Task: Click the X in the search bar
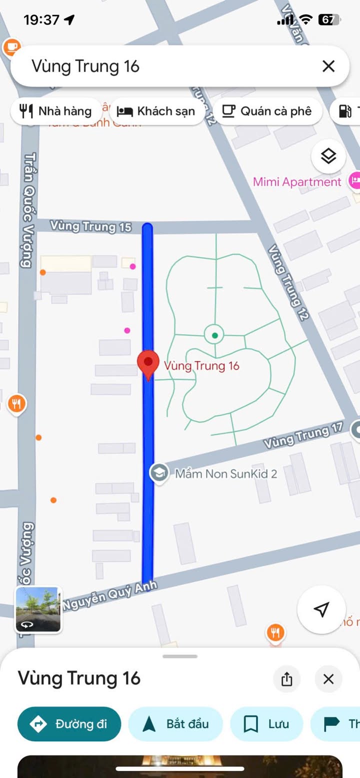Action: (x=328, y=66)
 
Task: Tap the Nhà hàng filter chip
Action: (x=56, y=111)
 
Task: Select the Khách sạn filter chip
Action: (x=156, y=111)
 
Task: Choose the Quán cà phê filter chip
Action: (x=267, y=111)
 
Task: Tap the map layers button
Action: (x=328, y=157)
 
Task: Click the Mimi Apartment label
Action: (x=297, y=182)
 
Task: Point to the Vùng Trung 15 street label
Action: (x=90, y=226)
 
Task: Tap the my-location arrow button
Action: (x=321, y=609)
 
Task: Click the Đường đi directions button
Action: (x=69, y=723)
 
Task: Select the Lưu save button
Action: (x=266, y=723)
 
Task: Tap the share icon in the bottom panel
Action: (x=286, y=679)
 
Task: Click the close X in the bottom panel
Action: (x=328, y=679)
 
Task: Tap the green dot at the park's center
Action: (x=214, y=335)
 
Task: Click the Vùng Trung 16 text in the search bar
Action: (x=85, y=66)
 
